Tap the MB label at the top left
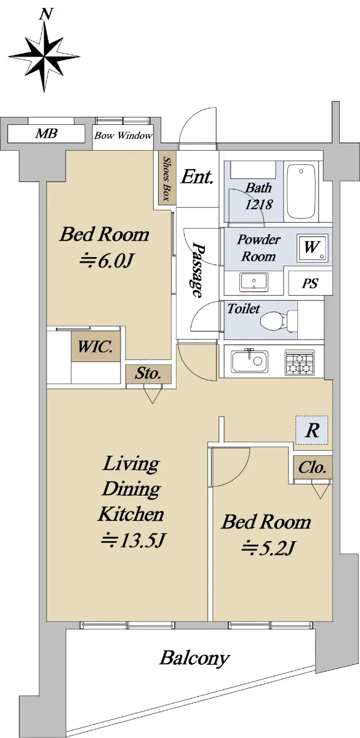click(47, 133)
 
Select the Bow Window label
click(123, 135)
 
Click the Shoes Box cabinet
click(166, 178)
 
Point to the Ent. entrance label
click(197, 177)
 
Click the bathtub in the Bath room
click(301, 191)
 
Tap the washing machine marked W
click(312, 248)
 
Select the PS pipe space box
click(310, 283)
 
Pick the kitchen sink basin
click(250, 360)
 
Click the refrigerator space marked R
click(311, 430)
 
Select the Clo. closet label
click(313, 468)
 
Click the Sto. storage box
click(148, 374)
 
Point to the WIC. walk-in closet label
click(95, 347)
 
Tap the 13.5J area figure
click(132, 541)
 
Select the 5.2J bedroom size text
click(267, 548)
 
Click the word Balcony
click(194, 659)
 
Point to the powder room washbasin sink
click(254, 282)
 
